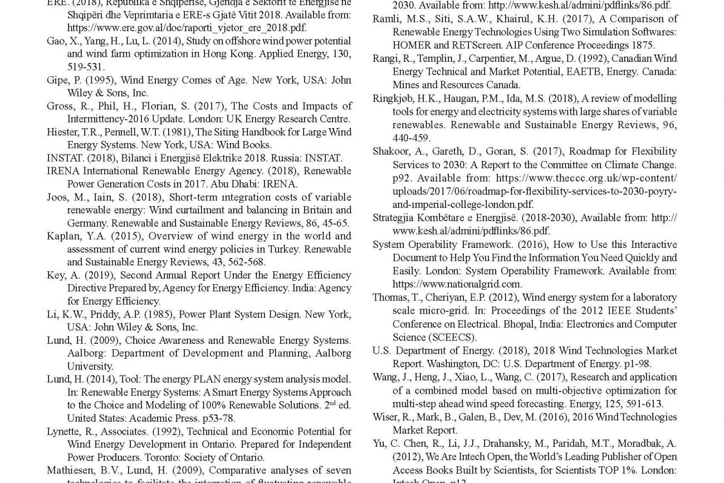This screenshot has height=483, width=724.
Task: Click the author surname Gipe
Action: click(x=57, y=80)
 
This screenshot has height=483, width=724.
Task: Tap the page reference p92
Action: click(x=402, y=178)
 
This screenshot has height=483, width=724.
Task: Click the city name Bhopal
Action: click(x=583, y=324)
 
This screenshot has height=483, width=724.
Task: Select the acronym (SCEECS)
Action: click(x=452, y=337)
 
